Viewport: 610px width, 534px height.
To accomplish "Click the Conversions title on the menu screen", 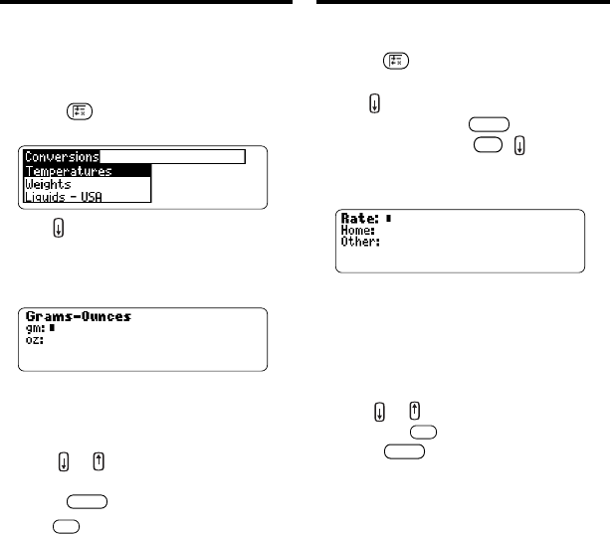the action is [x=62, y=156].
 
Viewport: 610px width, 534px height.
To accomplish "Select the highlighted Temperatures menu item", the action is [x=69, y=170].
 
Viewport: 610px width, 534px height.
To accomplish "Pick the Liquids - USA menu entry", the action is [x=66, y=198].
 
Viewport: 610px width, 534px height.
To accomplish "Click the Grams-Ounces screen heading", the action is [x=79, y=317].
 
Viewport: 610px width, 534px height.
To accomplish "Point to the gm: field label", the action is [x=36, y=329].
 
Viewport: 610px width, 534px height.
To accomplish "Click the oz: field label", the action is [x=35, y=340].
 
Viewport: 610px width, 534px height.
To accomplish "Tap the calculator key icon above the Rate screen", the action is [x=393, y=62].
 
